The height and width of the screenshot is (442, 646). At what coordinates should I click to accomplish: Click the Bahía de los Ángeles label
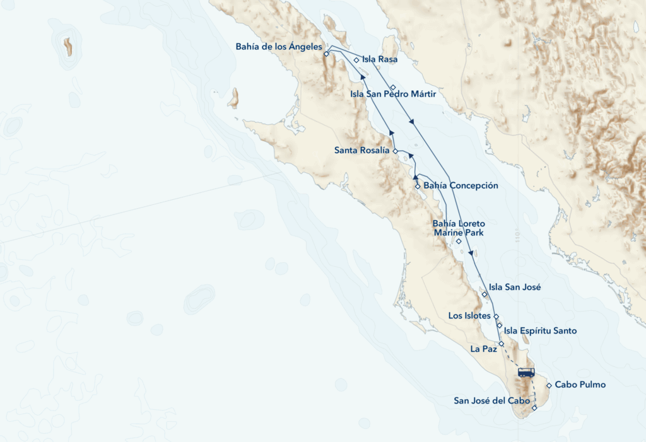[x=279, y=47]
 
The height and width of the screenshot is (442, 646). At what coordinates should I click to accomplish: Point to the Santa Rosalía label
[x=362, y=151]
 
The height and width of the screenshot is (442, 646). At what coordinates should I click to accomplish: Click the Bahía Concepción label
[x=461, y=185]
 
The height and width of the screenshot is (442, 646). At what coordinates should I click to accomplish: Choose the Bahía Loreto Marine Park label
[x=458, y=228]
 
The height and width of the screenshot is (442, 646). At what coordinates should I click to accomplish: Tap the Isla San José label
[x=515, y=287]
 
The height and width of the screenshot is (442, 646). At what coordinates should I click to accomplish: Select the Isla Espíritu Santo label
[x=540, y=330]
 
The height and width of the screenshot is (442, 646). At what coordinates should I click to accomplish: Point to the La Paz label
[x=483, y=347]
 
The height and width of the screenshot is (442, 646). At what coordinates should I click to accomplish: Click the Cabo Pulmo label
[x=580, y=385]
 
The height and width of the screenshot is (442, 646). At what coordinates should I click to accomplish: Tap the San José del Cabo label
[x=491, y=400]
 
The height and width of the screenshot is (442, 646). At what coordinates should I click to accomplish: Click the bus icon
[x=526, y=372]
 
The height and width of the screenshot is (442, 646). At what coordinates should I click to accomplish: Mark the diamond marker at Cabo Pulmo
[x=549, y=385]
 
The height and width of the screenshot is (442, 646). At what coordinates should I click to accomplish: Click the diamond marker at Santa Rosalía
[x=395, y=151]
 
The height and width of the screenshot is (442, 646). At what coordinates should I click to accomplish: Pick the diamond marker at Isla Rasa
[x=356, y=61]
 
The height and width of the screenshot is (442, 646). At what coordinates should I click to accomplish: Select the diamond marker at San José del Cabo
[x=534, y=408]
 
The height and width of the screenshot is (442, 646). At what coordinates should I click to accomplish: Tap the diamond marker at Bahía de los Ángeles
[x=326, y=54]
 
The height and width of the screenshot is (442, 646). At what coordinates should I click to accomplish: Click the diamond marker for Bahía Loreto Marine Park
[x=459, y=241]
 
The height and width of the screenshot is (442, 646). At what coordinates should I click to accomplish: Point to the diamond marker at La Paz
[x=501, y=344]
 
